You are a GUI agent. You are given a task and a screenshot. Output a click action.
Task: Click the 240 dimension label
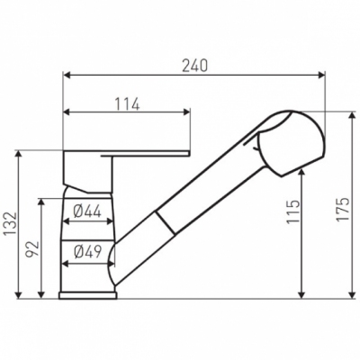click(x=194, y=66)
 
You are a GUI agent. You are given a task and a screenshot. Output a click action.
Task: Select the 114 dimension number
click(x=128, y=103)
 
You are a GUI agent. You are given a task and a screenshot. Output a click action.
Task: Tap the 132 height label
click(x=11, y=223)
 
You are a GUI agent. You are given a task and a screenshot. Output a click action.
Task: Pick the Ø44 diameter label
click(x=87, y=212)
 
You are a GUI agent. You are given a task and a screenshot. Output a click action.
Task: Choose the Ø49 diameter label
click(x=87, y=251)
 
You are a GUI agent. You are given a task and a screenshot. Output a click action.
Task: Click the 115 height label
click(x=292, y=211)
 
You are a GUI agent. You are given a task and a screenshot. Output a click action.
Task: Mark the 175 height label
click(x=342, y=210)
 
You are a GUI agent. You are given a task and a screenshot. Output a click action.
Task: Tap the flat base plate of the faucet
click(x=88, y=295)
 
